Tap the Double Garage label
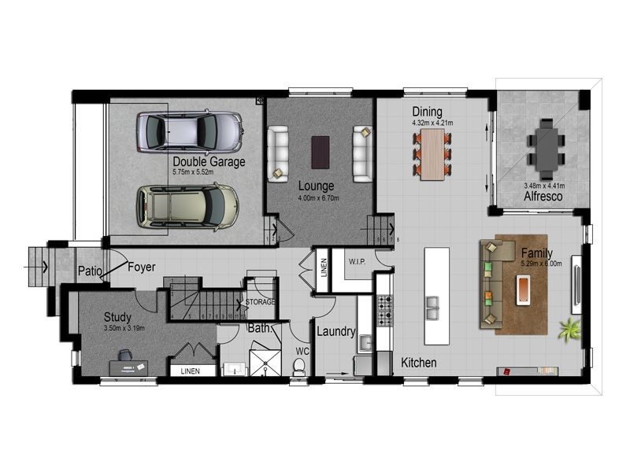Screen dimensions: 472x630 click(x=209, y=162)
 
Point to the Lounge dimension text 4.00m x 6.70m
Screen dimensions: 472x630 click(x=317, y=198)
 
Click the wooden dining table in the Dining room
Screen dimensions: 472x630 click(x=432, y=154)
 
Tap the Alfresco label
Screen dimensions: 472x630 click(x=543, y=197)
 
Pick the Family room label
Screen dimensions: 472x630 click(x=536, y=253)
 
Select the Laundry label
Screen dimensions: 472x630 click(x=336, y=332)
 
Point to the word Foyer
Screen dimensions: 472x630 click(x=143, y=267)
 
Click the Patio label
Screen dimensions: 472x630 click(x=91, y=272)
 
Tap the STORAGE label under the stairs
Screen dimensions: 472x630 click(x=259, y=301)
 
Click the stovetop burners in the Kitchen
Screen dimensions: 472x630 click(x=385, y=309)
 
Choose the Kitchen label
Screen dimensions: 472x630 click(x=419, y=363)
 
